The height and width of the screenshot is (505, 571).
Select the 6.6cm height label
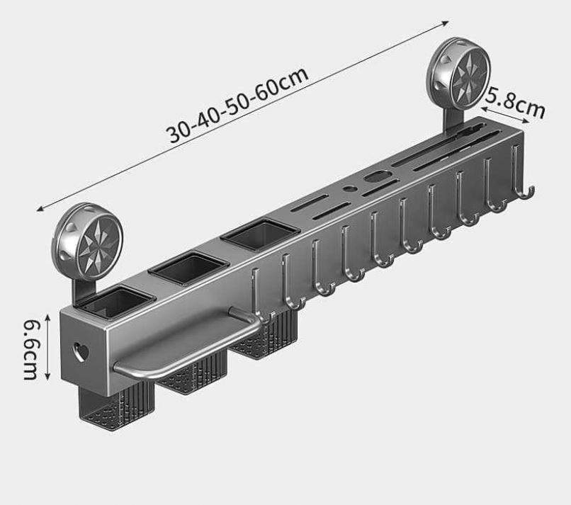point(31,349)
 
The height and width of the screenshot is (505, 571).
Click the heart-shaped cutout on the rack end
point(81,352)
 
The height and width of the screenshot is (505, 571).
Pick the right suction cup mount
point(459,74)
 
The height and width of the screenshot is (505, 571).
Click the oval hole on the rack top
point(377,177)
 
